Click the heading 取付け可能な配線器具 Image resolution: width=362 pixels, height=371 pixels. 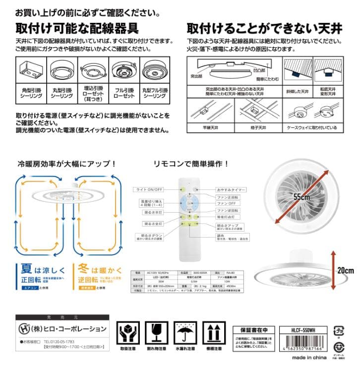coord(77,27)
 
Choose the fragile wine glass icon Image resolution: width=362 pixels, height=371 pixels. coord(154,332)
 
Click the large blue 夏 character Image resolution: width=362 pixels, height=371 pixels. coord(26,269)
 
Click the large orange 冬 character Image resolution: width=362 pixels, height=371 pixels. coord(83,269)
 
